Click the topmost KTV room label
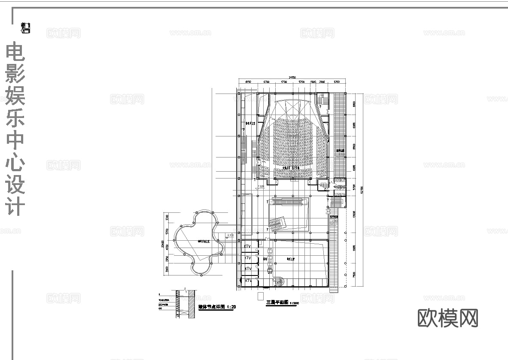[248, 246]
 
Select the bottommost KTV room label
[248, 280]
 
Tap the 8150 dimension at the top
[248, 82]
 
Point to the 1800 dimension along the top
[313, 82]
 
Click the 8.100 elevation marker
[230, 235]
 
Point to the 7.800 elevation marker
[261, 187]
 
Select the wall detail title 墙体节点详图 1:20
[217, 307]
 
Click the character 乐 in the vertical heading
[15, 118]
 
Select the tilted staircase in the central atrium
[277, 223]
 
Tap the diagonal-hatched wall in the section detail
[192, 304]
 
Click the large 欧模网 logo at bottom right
[448, 318]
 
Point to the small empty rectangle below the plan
[260, 296]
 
